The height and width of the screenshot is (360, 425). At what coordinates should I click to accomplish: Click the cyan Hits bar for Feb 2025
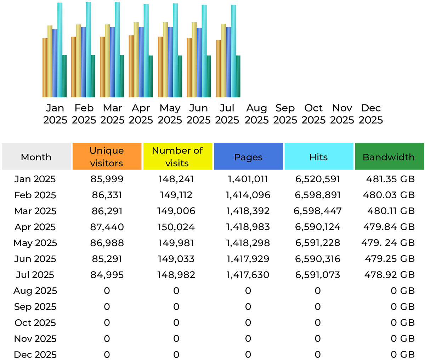coord(88,50)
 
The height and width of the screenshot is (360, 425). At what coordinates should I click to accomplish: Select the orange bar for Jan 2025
coord(45,67)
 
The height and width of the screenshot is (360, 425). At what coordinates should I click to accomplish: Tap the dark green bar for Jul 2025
coord(238,76)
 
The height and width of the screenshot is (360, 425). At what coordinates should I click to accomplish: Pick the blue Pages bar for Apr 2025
coord(141,62)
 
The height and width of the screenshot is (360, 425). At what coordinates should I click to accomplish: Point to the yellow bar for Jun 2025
coord(194,59)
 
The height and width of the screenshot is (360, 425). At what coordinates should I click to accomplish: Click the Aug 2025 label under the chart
coord(256,114)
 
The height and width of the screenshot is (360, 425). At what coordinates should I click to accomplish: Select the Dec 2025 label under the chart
coord(371,114)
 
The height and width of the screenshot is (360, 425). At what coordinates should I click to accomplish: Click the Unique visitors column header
coord(107,156)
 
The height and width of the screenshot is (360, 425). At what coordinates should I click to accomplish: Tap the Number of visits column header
coord(177,156)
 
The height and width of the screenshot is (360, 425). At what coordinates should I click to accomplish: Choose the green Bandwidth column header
coord(389,157)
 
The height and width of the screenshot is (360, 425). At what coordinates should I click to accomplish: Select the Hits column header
coord(318,157)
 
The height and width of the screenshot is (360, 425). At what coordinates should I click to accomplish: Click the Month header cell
coord(36,157)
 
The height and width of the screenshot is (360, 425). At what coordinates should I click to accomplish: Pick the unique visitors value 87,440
coord(107,227)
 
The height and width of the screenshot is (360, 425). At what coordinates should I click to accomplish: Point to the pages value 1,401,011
coord(248,179)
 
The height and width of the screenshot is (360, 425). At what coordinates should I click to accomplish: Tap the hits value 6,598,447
coord(318,211)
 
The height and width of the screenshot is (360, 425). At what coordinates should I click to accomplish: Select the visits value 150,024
coord(176,227)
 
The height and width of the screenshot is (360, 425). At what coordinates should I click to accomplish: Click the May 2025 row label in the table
coord(35,243)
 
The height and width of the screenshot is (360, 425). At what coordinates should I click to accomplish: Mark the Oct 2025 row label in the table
coord(35,323)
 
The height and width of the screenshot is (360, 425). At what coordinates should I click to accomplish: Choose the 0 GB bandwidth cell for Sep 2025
coord(402,307)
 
